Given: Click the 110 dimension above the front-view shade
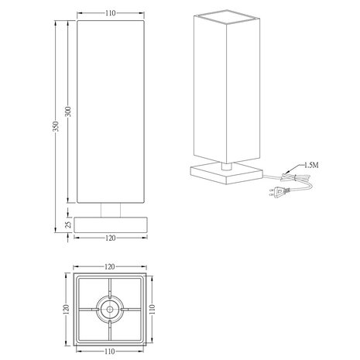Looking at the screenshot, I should (109, 13).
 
